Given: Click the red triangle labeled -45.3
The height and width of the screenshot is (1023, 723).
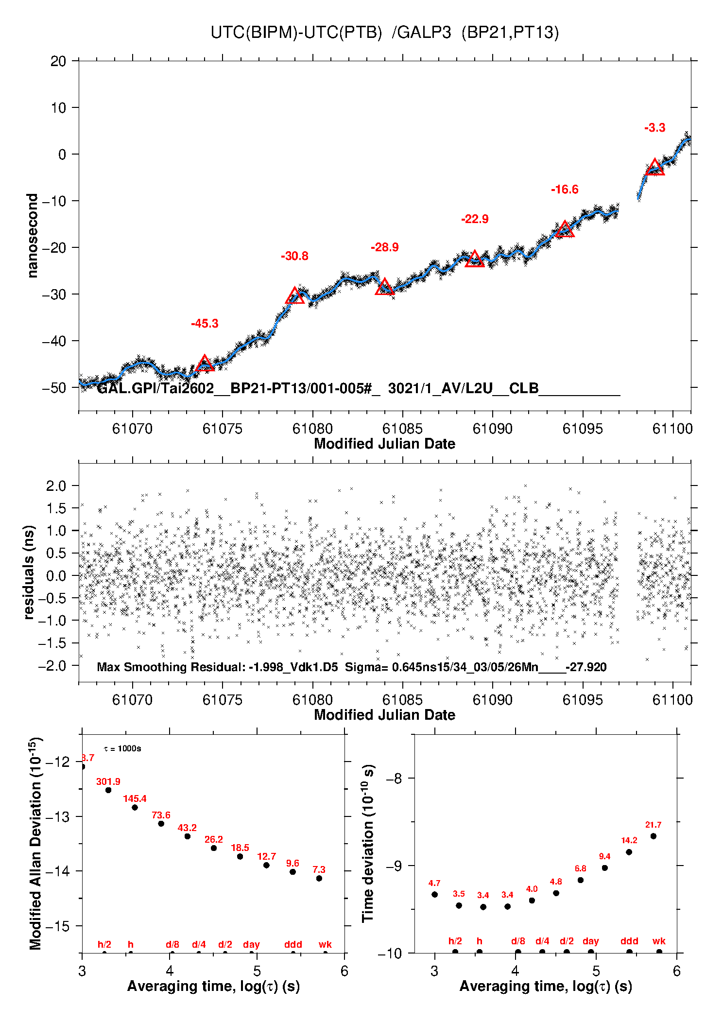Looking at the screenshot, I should (205, 364).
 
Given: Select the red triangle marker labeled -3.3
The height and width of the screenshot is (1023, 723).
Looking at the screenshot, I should (654, 167).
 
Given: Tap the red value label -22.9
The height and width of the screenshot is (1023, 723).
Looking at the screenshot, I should (475, 219).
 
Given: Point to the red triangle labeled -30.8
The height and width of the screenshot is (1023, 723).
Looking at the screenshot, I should (295, 296).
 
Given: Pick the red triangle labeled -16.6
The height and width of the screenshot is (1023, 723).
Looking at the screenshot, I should (565, 229).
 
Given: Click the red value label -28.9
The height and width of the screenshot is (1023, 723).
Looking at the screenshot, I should (385, 247).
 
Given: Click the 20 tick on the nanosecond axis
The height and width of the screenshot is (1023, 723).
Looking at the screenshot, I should (58, 61).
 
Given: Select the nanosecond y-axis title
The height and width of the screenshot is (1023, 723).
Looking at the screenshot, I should (32, 235).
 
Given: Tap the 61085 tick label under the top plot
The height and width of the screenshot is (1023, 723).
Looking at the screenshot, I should (402, 429).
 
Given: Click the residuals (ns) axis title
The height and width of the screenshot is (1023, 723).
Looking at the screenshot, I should (29, 572).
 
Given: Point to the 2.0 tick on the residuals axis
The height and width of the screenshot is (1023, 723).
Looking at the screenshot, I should (56, 485).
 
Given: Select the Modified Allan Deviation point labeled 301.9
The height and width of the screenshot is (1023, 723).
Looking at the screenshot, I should (108, 790).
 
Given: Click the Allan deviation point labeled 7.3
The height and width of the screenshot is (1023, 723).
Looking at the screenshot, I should (319, 878).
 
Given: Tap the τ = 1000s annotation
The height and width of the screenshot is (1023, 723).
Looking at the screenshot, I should (122, 748).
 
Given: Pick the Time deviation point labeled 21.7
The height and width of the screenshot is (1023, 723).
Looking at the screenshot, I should (654, 836).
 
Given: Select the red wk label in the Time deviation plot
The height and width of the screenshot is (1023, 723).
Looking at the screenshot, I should (659, 941).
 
